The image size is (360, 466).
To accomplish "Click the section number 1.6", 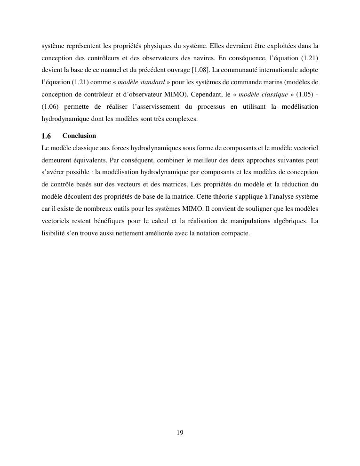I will point(46,136).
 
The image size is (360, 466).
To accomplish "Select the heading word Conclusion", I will point(79,136).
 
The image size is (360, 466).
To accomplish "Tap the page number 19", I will point(180,433).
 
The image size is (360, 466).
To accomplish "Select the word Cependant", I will point(206,95).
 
